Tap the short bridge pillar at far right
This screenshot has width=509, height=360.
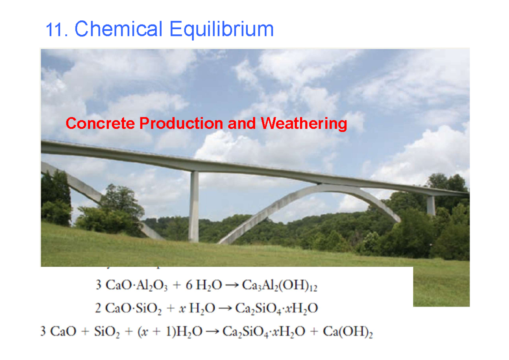coord(431,205)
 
